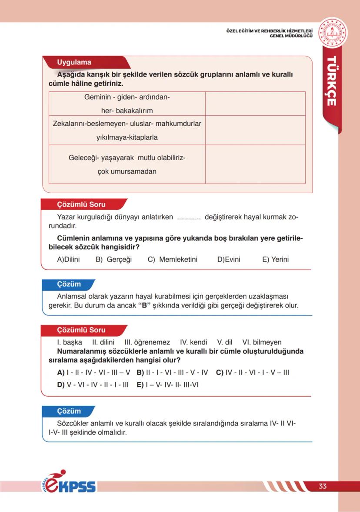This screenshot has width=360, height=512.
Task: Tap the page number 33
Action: (x=322, y=486)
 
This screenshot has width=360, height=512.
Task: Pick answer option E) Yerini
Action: (x=275, y=259)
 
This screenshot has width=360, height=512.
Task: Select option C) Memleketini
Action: (x=173, y=259)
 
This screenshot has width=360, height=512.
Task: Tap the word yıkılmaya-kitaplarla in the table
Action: (x=127, y=137)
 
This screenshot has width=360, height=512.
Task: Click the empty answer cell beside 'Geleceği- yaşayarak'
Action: (x=255, y=164)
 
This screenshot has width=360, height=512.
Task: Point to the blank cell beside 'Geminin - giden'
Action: (x=255, y=104)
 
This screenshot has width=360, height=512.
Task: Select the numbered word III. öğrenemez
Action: (x=147, y=342)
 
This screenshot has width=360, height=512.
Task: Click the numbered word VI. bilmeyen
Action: (x=262, y=342)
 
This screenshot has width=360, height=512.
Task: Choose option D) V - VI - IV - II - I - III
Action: (x=93, y=385)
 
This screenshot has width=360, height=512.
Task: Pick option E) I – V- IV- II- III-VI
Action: (x=167, y=385)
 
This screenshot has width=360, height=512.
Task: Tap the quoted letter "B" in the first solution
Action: (x=144, y=305)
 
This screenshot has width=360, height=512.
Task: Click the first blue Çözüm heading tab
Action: (x=70, y=284)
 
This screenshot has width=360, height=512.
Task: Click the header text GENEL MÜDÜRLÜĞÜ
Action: (x=291, y=36)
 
